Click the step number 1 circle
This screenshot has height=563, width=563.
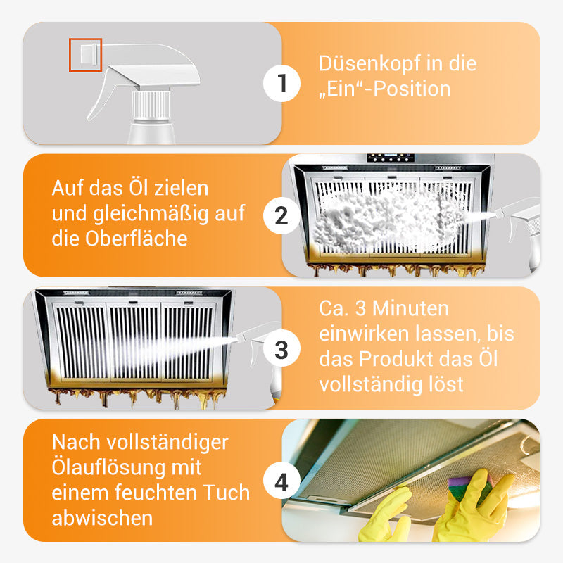(281, 83)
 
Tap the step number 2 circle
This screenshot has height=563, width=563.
(281, 216)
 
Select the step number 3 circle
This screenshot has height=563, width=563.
(281, 348)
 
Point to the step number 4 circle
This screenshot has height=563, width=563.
(281, 481)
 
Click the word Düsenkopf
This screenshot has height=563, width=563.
(365, 63)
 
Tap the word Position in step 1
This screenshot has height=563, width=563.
(412, 89)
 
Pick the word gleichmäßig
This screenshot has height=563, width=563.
(151, 215)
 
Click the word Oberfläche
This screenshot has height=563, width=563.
(136, 239)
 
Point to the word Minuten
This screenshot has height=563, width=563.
(410, 308)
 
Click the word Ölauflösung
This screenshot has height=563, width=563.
(108, 467)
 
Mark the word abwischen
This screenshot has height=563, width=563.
(102, 518)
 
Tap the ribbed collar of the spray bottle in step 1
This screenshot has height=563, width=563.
(151, 105)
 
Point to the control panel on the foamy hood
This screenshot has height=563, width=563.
(391, 158)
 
